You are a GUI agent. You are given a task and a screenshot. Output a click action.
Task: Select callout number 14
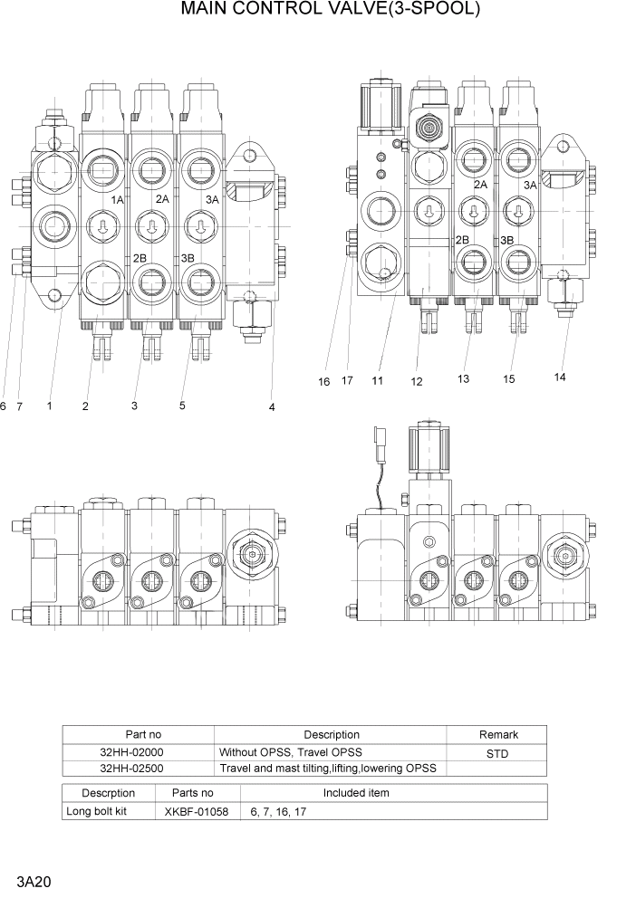[x=560, y=377]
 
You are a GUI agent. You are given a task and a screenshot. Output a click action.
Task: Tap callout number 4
[x=272, y=407]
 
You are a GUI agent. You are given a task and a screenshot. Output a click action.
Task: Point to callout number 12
[x=417, y=382]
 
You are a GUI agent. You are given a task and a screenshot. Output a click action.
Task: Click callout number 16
[x=323, y=381]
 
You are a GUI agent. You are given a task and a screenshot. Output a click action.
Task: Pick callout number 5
[x=182, y=406]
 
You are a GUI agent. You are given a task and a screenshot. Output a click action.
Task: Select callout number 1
[x=49, y=406]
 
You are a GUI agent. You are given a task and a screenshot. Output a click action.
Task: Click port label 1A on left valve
[x=117, y=199]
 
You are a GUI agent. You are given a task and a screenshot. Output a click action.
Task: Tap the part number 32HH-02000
[x=132, y=752]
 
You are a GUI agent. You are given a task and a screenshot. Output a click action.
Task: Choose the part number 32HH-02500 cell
[x=132, y=768]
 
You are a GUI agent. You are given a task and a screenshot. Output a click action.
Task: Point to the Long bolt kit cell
[x=97, y=811]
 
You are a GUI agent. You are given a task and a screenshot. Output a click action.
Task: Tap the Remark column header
[x=498, y=734]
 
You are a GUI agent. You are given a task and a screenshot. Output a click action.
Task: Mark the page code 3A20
[x=32, y=881]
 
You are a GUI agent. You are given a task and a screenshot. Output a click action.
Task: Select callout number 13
[x=463, y=379]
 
